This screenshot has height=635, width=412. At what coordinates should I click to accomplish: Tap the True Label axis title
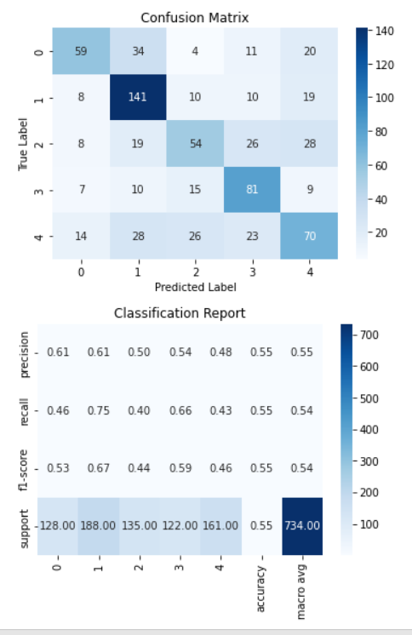click(24, 143)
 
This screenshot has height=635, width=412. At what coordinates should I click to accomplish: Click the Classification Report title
click(180, 313)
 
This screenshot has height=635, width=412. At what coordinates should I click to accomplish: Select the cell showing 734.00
click(301, 525)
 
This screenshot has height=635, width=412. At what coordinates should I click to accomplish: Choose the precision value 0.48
click(227, 350)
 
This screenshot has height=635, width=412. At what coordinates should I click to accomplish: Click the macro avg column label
click(301, 587)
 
